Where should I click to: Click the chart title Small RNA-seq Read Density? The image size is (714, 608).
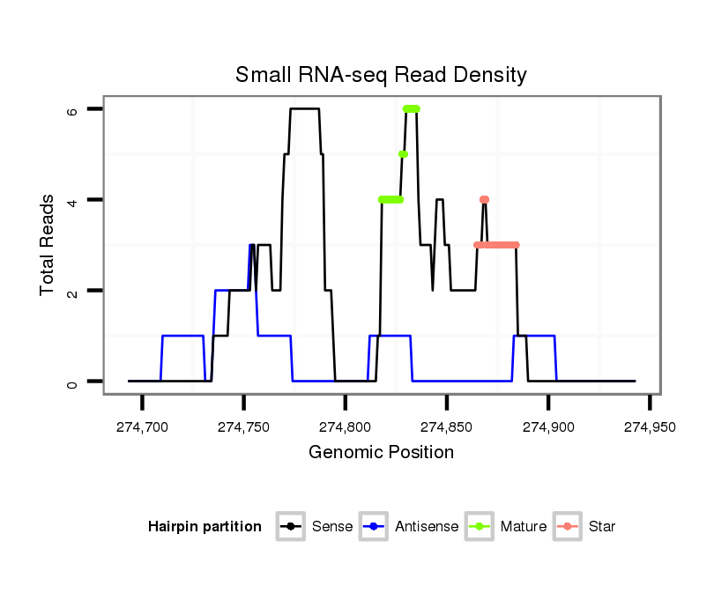coord(381,75)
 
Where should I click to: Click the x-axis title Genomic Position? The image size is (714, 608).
coord(381,453)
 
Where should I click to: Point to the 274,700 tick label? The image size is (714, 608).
coord(142,427)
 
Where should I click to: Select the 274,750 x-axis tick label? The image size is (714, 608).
coord(243,427)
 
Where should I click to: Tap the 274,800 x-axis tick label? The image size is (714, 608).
coord(345,427)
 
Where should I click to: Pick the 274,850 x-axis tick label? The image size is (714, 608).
coord(447,427)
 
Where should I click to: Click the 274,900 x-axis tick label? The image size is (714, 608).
coord(548,427)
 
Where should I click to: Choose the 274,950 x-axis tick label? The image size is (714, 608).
coord(650,427)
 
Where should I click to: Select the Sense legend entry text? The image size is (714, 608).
coord(332,527)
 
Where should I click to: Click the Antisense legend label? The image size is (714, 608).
coord(427,527)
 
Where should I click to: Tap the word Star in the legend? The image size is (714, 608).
coord(602,527)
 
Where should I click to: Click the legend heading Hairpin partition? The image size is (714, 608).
coord(205,527)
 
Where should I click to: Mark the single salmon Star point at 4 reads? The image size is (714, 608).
coord(484,199)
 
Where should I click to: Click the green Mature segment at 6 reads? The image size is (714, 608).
coord(411,108)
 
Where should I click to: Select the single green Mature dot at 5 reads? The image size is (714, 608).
coord(403,154)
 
